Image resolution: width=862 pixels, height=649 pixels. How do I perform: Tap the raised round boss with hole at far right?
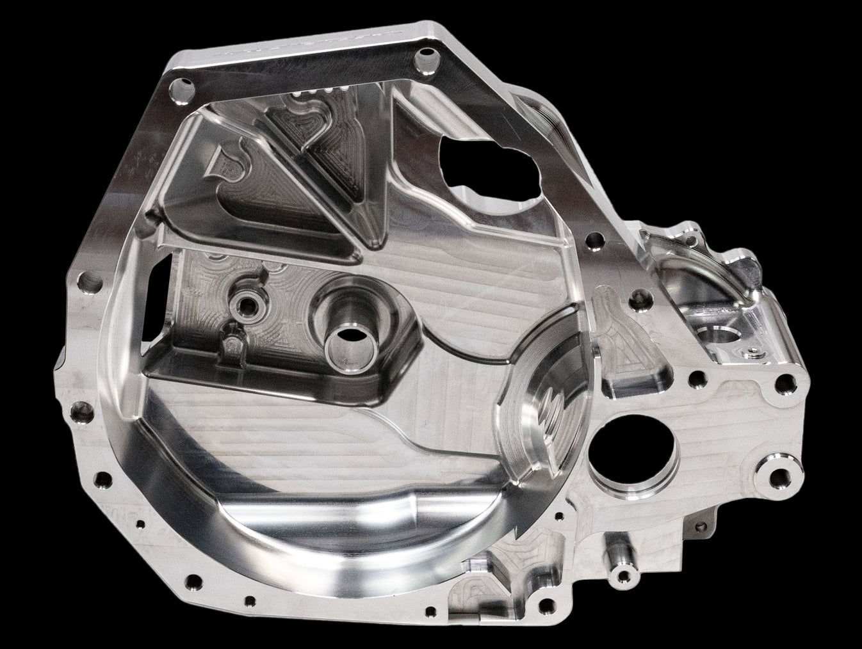[x=777, y=474]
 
